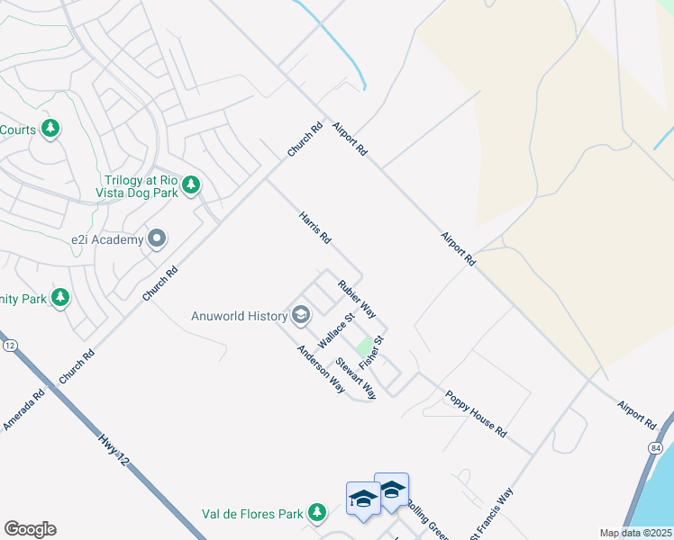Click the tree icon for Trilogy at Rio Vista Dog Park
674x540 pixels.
(190, 185)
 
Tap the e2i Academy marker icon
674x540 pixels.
(157, 239)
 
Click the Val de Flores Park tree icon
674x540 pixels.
(316, 513)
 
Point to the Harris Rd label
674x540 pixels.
(315, 229)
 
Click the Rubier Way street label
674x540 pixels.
(357, 299)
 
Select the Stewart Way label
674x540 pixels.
(355, 379)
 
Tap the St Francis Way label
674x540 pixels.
(491, 515)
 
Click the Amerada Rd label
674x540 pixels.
(23, 409)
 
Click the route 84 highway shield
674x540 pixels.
(654, 447)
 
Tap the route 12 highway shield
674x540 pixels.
(10, 346)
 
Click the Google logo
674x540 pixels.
(30, 529)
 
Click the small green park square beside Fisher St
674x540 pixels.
(362, 346)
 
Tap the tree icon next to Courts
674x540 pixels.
(51, 130)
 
